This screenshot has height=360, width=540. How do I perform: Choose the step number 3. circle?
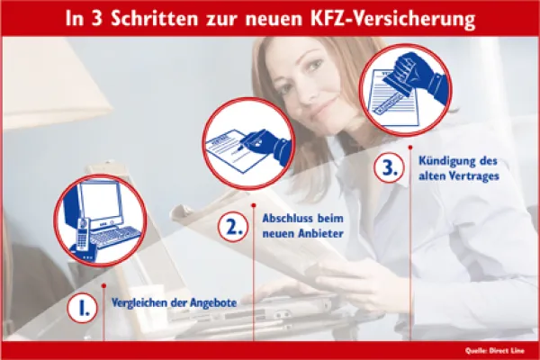[388, 168]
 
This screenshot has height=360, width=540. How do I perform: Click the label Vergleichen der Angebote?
[174, 303]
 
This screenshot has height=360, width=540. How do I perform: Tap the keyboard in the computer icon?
[118, 237]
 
